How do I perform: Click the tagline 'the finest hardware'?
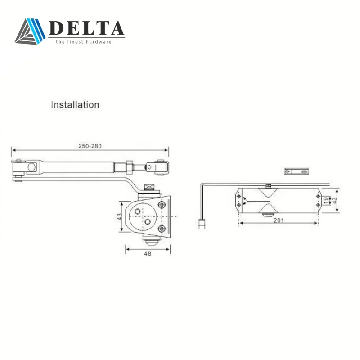click(83, 42)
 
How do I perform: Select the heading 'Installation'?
click(75, 105)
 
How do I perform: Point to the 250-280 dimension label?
click(90, 146)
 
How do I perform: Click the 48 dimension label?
click(148, 253)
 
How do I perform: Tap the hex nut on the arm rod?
click(128, 166)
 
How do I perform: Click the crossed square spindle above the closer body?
click(148, 188)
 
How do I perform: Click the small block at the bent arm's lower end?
click(202, 222)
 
